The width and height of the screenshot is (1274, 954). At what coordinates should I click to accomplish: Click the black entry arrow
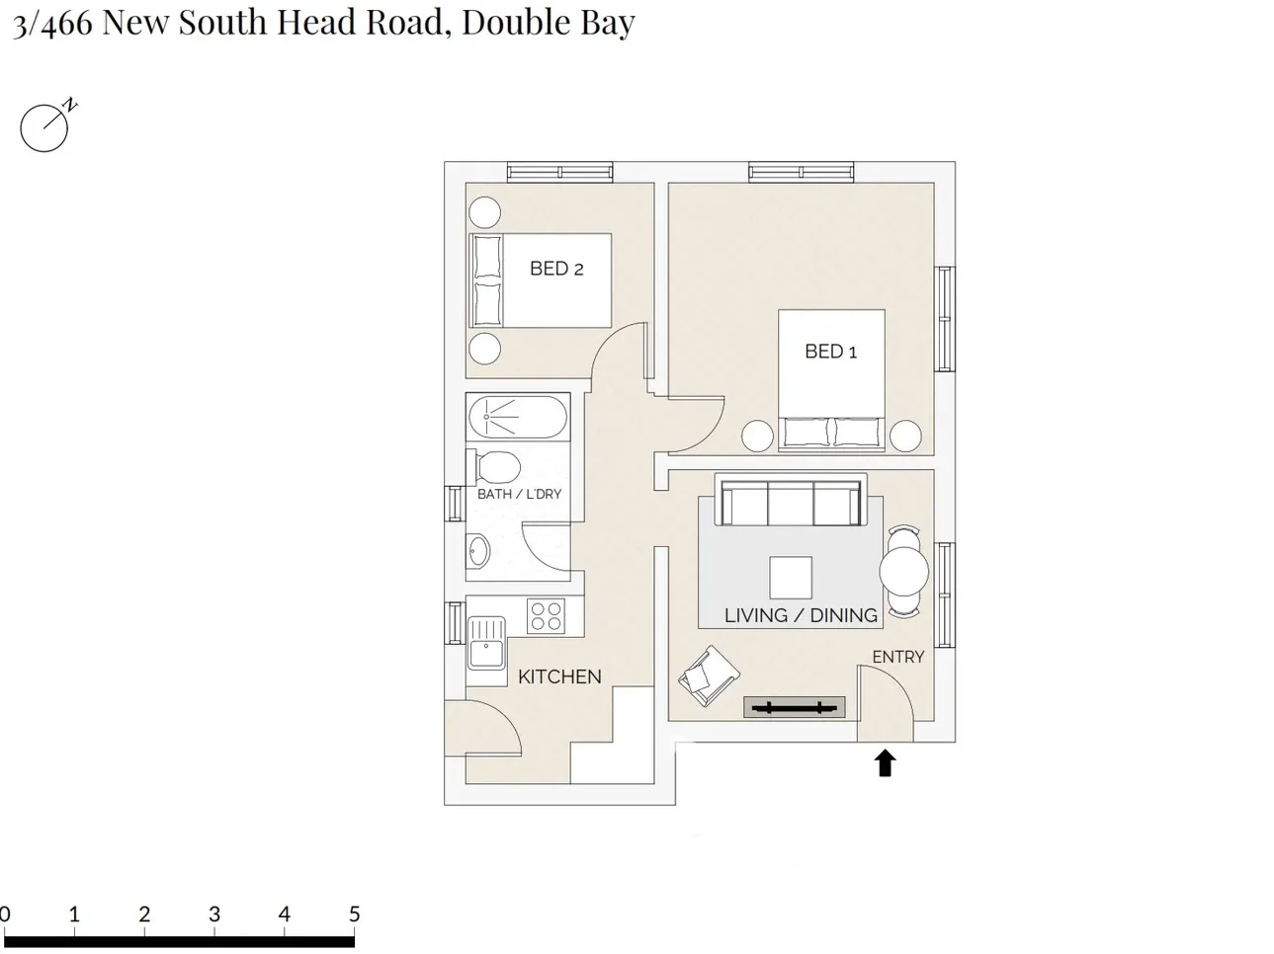tap(885, 762)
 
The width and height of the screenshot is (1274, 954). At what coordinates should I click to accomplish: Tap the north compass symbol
tap(45, 127)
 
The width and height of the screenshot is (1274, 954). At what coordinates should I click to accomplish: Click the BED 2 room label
tap(556, 269)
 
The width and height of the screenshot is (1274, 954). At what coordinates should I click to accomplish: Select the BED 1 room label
tap(830, 352)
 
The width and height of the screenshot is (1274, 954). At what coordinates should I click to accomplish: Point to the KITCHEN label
tap(559, 676)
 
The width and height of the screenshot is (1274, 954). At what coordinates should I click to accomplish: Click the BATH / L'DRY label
tap(519, 494)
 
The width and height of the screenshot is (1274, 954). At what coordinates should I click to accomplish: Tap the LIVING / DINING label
tap(801, 615)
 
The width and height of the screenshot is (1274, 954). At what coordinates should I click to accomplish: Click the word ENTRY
tap(897, 657)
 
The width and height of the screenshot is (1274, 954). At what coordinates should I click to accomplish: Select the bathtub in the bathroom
tap(517, 418)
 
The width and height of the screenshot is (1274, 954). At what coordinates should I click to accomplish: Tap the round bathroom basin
tap(477, 553)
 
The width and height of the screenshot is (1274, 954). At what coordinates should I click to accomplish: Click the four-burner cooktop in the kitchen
tap(546, 616)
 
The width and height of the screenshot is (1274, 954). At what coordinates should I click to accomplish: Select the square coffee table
tap(791, 578)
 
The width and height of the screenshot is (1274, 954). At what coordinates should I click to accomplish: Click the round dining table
tap(903, 571)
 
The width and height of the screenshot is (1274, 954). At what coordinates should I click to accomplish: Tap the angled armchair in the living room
tap(709, 676)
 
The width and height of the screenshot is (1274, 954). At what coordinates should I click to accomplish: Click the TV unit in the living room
tap(794, 706)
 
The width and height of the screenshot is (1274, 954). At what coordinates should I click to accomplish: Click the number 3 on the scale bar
tap(214, 914)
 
